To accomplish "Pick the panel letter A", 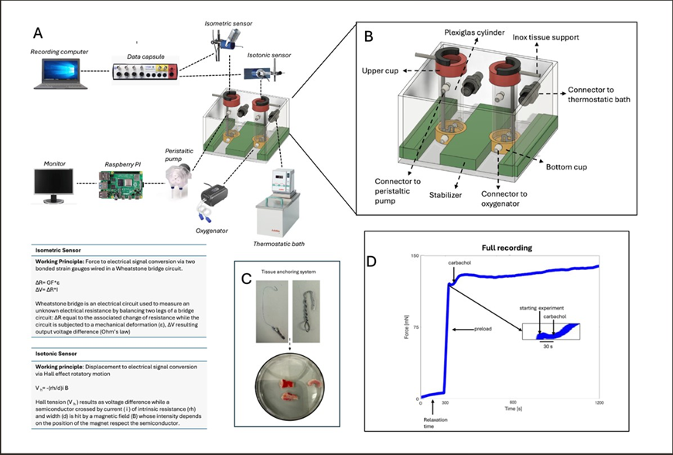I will [x=38, y=33].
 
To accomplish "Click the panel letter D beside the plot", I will [x=372, y=261].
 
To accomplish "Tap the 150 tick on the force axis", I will [x=415, y=255].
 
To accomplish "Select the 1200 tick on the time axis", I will [x=598, y=403].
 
